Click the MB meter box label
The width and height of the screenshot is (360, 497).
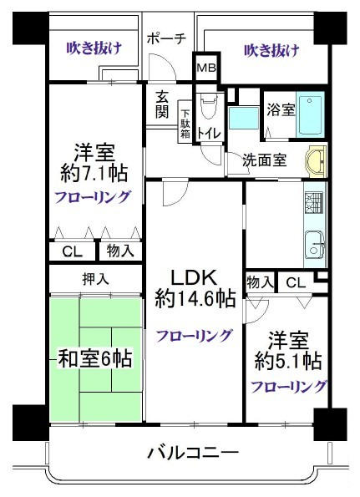(x=206, y=68)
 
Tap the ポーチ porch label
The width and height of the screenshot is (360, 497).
(x=166, y=38)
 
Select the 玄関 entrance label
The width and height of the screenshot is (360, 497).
(x=162, y=104)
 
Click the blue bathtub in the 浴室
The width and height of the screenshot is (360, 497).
(x=310, y=114)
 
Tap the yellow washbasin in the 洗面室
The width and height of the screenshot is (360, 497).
(x=316, y=162)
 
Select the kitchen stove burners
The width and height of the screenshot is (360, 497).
(x=313, y=203)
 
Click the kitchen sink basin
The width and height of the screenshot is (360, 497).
(x=314, y=245)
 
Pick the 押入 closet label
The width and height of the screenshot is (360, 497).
(x=95, y=279)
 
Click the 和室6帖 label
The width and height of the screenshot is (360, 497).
(x=94, y=359)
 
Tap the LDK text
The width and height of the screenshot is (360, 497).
(x=194, y=277)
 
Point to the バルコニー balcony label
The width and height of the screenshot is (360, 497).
(x=193, y=452)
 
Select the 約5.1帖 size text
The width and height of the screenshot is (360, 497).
(x=288, y=361)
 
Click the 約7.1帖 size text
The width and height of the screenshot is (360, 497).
(x=94, y=173)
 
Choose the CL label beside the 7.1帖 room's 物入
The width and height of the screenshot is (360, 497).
(x=73, y=252)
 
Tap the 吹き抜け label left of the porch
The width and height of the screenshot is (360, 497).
(x=94, y=48)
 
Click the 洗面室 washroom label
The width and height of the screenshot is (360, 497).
(x=265, y=160)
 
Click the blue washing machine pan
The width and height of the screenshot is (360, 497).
(x=244, y=118)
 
